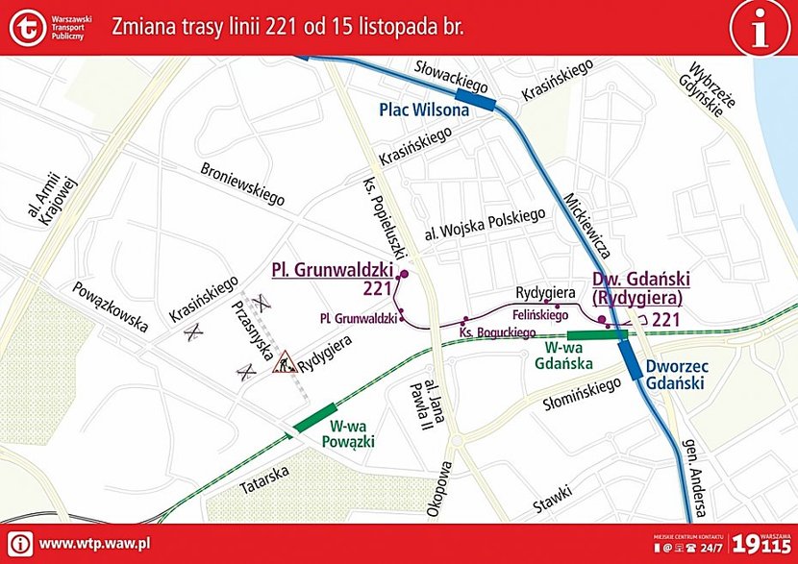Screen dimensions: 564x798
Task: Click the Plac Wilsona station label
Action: pos(424,110)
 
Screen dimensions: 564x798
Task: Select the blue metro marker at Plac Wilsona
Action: pos(475,97)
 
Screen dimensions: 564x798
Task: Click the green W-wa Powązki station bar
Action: pos(316,416)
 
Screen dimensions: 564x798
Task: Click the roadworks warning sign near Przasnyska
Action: pos(284,364)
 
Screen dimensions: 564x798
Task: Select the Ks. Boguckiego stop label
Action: pos(497,332)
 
